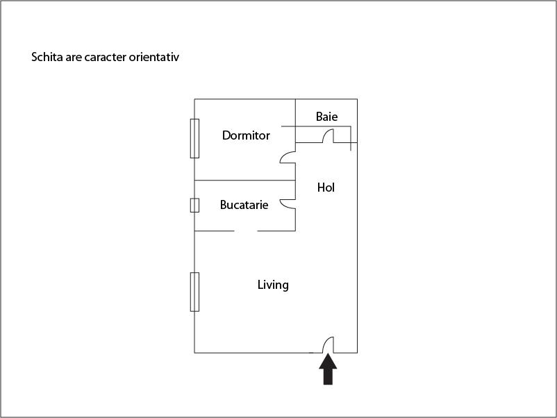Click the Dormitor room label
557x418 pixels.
[246, 135]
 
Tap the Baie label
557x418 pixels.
[327, 117]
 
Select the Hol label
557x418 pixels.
[326, 187]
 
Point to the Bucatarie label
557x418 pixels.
[244, 205]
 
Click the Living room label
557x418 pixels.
[273, 285]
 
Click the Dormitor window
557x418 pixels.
[194, 138]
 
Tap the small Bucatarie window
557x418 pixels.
[194, 206]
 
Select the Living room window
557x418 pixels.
[194, 292]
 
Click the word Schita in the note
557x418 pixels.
[47, 57]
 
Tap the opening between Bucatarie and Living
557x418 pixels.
[246, 231]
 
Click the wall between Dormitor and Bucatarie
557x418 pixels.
[244, 181]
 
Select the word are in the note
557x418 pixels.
[74, 58]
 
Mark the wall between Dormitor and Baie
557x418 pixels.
[296, 121]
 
